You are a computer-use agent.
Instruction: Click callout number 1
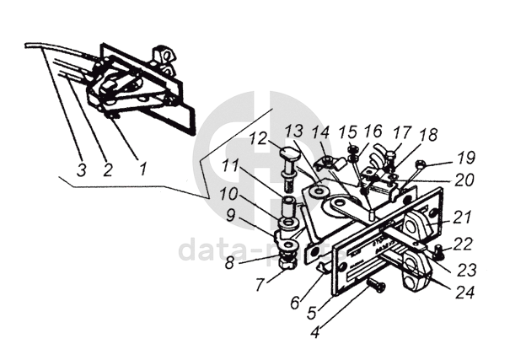coord(142,168)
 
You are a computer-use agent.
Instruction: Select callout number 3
coord(81,169)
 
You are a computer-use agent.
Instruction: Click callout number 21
coord(461,217)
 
